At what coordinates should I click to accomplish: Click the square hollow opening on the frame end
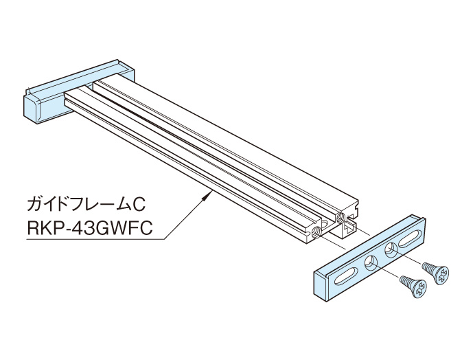(x=351, y=221)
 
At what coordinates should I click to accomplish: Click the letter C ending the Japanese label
(x=142, y=203)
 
